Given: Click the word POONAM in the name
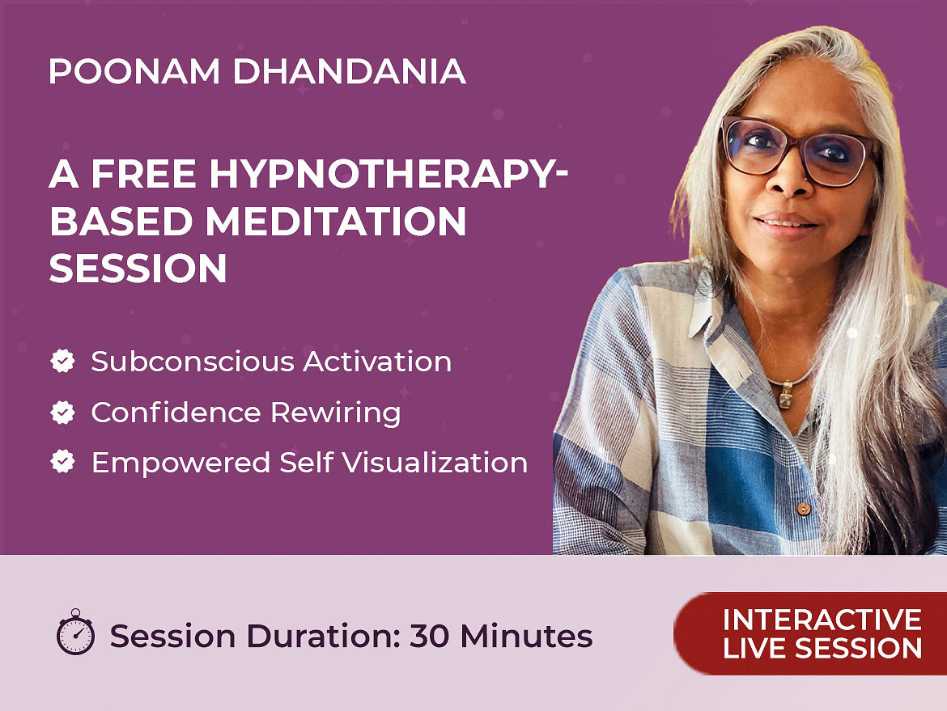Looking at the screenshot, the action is point(134,71).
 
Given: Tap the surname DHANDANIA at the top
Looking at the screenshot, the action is point(349,71).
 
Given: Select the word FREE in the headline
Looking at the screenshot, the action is point(144,174).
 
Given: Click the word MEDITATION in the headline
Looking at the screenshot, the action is point(336,221).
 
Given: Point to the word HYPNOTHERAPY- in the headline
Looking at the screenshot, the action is point(389,174).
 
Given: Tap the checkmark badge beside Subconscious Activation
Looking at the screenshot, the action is point(63,361).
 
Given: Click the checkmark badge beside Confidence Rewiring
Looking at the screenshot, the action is point(63,413).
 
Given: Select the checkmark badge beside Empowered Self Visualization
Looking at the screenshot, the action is point(63,462).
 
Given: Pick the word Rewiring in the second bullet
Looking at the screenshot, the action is point(335,413).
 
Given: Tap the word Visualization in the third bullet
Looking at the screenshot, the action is point(435,463).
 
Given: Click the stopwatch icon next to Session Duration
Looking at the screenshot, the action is point(75,632).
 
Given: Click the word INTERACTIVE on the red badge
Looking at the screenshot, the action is point(822,620).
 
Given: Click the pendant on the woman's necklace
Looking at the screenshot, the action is point(786,396).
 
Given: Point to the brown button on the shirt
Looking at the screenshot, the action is point(803,510).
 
